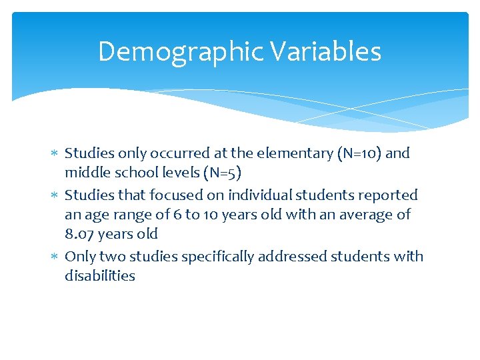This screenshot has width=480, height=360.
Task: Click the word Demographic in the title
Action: pyautogui.click(x=179, y=52)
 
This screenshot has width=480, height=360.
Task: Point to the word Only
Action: pyautogui.click(x=80, y=257)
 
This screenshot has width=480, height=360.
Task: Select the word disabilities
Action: pyautogui.click(x=99, y=276)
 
